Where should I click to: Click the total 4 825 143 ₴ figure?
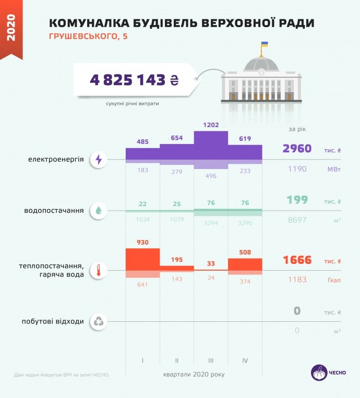134,80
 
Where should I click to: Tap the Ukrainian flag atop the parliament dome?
265,45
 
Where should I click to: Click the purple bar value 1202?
211,125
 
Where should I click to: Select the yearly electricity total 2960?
297,149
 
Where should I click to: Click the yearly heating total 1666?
297,260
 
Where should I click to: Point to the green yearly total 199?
297,200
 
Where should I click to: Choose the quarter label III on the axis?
211,360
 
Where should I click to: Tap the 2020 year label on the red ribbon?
11,27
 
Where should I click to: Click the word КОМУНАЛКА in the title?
85,23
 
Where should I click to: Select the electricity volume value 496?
211,176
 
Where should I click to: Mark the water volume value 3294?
211,222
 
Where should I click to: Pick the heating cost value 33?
211,263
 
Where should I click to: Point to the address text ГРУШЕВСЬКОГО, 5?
88,37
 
